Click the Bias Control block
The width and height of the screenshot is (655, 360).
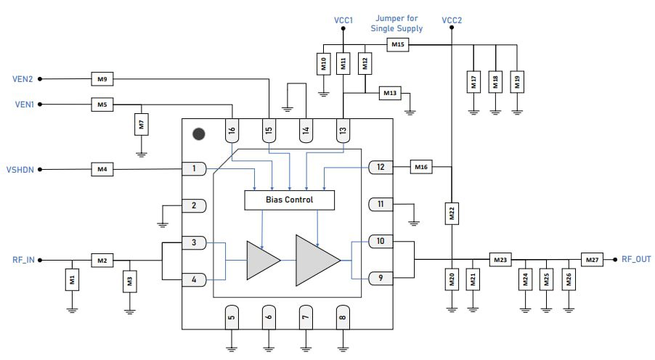pos(290,199)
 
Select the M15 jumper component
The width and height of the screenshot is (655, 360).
pos(397,45)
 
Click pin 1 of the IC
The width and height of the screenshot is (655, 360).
pos(194,169)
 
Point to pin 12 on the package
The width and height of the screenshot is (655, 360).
pos(381,168)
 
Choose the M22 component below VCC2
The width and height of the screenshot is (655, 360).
pos(451,215)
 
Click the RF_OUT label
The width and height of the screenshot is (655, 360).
pos(636,259)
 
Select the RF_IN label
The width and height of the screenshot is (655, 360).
pos(23,259)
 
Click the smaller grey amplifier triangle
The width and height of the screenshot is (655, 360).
pos(262,260)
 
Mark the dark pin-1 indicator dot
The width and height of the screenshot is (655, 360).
pos(198,134)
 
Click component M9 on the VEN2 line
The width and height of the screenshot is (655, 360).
pos(102,78)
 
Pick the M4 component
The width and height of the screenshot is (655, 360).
pos(102,170)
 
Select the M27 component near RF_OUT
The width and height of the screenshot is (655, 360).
pos(592,259)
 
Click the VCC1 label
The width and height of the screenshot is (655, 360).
pos(343,20)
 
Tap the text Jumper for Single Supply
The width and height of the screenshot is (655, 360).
pos(396,23)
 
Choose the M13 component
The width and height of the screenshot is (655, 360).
pos(391,93)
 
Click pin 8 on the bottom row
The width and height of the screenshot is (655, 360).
pos(342,316)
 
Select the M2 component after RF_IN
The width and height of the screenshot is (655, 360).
pos(102,259)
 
